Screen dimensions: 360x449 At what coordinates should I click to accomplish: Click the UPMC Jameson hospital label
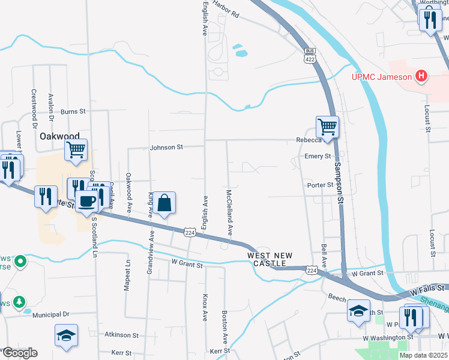pyautogui.click(x=381, y=76)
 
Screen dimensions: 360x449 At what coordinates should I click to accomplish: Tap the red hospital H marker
pyautogui.click(x=422, y=76)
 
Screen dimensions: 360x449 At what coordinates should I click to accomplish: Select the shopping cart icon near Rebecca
pyautogui.click(x=327, y=127)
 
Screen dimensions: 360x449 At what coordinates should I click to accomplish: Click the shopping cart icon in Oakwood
pyautogui.click(x=76, y=150)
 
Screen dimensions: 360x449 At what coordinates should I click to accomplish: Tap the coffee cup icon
pyautogui.click(x=86, y=202)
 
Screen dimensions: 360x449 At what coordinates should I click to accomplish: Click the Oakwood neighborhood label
pyautogui.click(x=59, y=136)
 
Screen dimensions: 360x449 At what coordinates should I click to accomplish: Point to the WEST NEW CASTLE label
pyautogui.click(x=270, y=260)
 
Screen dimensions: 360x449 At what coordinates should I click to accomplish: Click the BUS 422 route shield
pyautogui.click(x=310, y=55)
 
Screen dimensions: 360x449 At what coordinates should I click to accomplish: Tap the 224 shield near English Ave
pyautogui.click(x=190, y=232)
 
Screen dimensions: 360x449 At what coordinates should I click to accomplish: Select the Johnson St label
pyautogui.click(x=166, y=147)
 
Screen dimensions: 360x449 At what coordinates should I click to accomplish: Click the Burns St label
pyautogui.click(x=73, y=112)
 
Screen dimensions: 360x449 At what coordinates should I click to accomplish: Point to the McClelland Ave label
pyautogui.click(x=229, y=213)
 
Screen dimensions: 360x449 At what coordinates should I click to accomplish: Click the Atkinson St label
pyautogui.click(x=121, y=335)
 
